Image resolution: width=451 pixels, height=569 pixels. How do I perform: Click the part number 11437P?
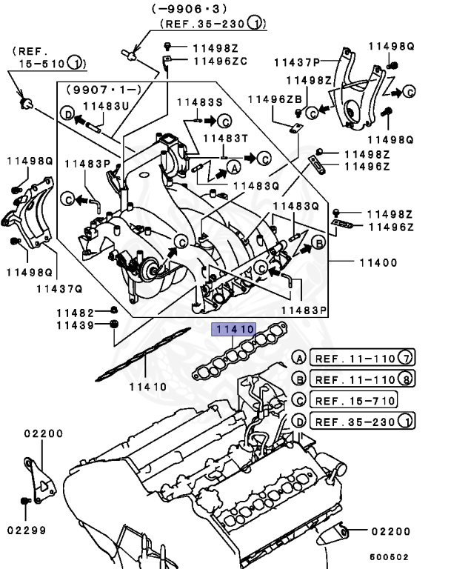pyautogui.click(x=295, y=63)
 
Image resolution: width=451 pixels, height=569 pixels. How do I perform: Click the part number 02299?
pyautogui.click(x=27, y=530)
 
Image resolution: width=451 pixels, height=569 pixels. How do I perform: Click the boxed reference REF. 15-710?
pyautogui.click(x=354, y=400)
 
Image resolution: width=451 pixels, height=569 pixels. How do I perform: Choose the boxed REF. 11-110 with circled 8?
pyautogui.click(x=362, y=379)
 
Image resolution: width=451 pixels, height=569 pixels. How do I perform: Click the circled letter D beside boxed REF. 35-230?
pyautogui.click(x=299, y=422)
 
